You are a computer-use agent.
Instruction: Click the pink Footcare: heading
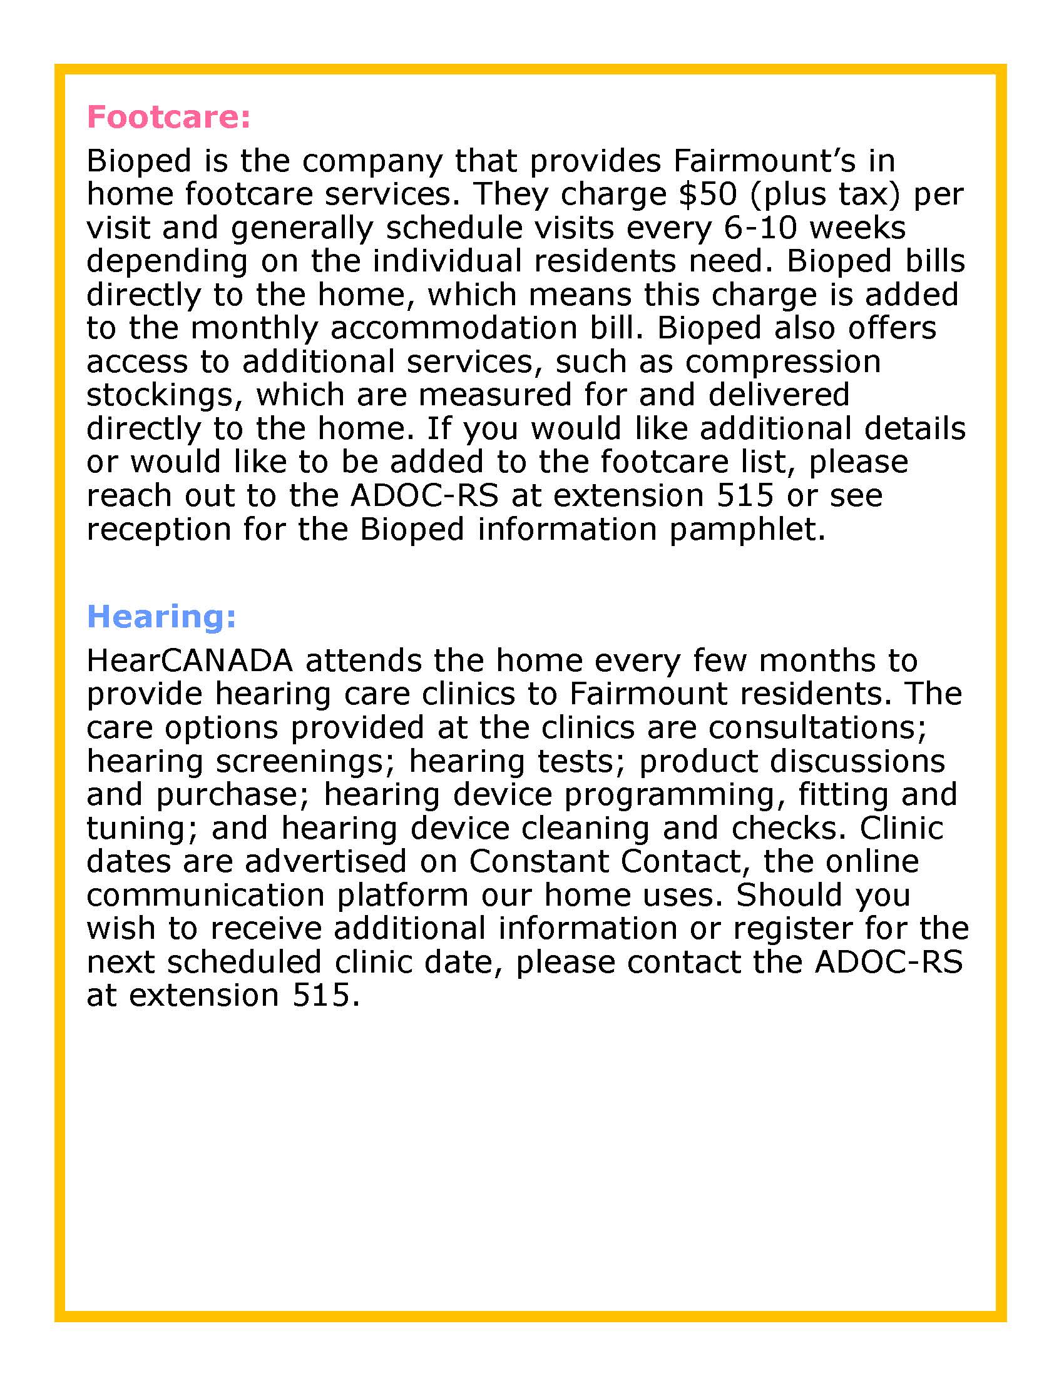168,117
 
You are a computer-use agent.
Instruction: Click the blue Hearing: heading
161,616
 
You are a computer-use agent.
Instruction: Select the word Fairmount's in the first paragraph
764,161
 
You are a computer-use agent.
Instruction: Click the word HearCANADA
190,660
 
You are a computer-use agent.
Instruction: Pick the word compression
783,362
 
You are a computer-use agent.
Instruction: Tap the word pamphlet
746,529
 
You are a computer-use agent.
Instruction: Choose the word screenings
299,761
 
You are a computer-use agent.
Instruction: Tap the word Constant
538,861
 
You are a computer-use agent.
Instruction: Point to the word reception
159,529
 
